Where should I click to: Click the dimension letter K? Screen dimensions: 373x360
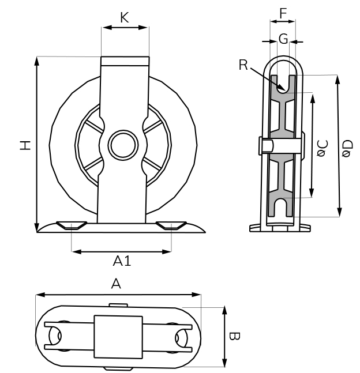[124, 18]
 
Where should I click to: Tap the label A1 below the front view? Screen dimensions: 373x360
[122, 262]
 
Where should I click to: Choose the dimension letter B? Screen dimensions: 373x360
[233, 336]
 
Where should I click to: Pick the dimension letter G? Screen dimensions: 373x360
[283, 39]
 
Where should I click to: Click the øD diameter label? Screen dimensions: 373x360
[346, 149]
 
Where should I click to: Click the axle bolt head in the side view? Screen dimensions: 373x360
[262, 145]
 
